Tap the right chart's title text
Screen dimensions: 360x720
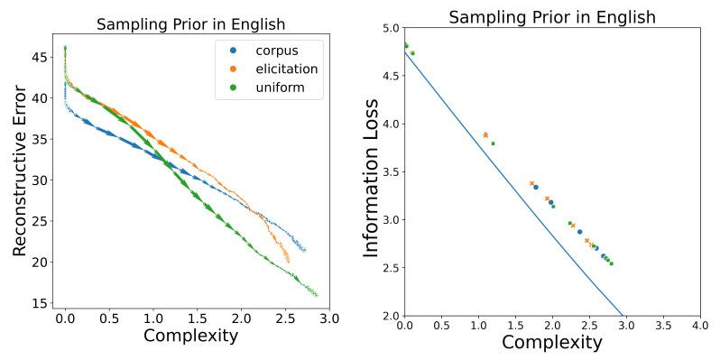551,17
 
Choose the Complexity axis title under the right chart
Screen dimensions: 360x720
551,342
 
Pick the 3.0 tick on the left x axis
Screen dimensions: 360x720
328,318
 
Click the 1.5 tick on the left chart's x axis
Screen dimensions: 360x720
197,318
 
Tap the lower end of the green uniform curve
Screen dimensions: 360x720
317,295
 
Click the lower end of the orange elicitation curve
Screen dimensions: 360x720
288,262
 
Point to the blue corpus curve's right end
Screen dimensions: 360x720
304,250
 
